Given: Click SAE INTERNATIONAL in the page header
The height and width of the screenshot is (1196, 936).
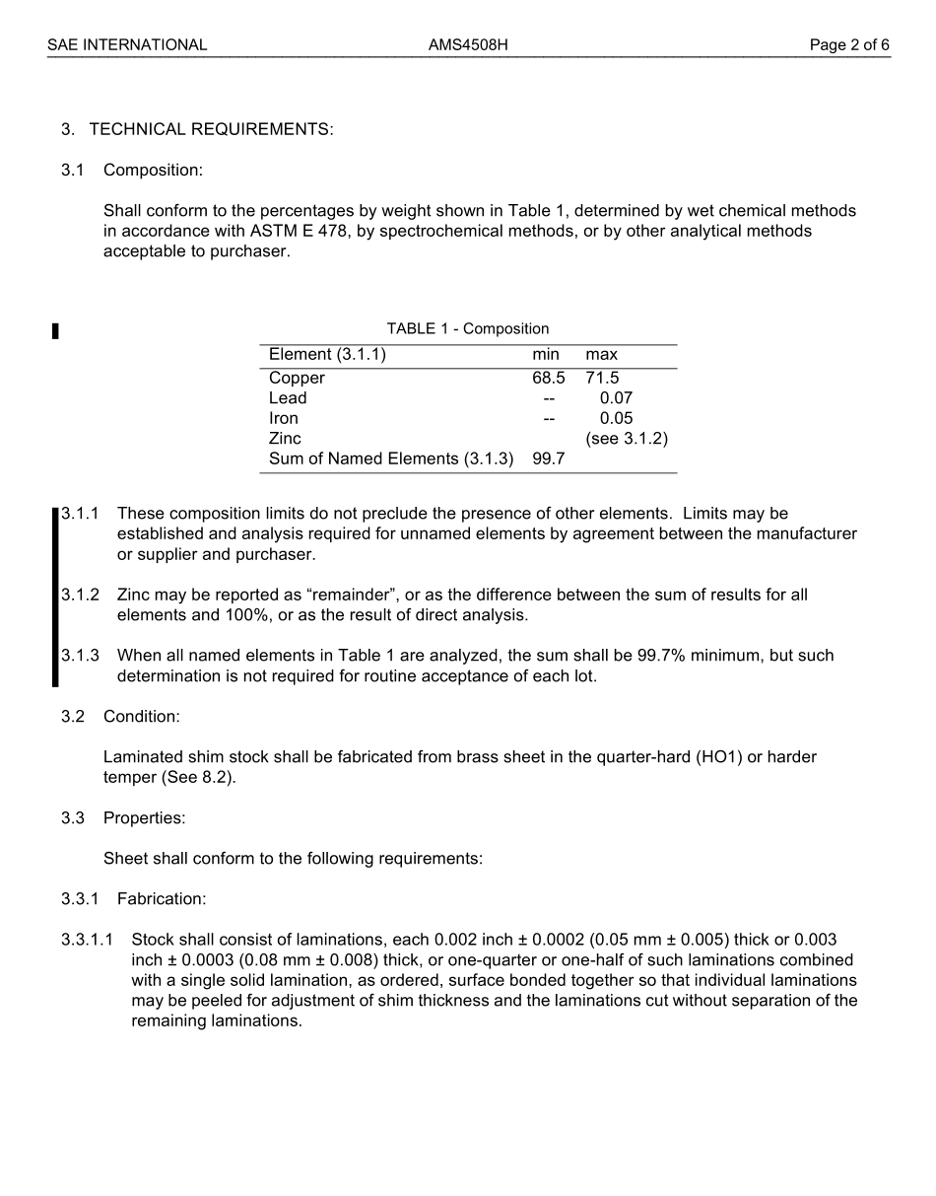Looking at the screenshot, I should pyautogui.click(x=127, y=44).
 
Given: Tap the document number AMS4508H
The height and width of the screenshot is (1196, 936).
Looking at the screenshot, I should pyautogui.click(x=468, y=44).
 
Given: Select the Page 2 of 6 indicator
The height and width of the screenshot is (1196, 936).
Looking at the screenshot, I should pyautogui.click(x=848, y=44).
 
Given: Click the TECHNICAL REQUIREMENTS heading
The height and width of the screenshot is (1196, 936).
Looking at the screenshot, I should pyautogui.click(x=211, y=129).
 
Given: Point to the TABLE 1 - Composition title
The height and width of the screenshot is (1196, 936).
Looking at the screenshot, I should pyautogui.click(x=467, y=329).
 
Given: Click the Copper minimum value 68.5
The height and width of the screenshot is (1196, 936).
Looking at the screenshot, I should pyautogui.click(x=548, y=378).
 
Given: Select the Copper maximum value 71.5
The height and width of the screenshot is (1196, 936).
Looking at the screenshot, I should pyautogui.click(x=602, y=378).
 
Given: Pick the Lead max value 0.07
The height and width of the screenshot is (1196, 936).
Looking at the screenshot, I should pyautogui.click(x=616, y=398).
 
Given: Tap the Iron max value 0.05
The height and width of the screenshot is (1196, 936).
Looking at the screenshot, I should pyautogui.click(x=616, y=418).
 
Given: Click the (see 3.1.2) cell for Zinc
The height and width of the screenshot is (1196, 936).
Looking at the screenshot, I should pyautogui.click(x=627, y=439).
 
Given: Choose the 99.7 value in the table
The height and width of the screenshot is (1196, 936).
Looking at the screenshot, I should pyautogui.click(x=548, y=458).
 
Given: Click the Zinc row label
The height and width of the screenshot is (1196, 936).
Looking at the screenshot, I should pyautogui.click(x=285, y=439).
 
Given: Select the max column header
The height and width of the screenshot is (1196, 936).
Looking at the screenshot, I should pyautogui.click(x=602, y=355).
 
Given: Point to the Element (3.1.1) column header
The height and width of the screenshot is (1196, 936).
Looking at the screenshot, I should pyautogui.click(x=327, y=355).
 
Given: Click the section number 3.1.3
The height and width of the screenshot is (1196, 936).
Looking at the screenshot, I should pyautogui.click(x=80, y=656).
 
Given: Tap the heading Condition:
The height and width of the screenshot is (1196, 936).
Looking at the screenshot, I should pyautogui.click(x=141, y=717).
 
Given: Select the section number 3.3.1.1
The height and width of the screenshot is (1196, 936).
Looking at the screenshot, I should pyautogui.click(x=87, y=940).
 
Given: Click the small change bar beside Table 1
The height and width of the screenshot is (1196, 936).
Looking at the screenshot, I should pyautogui.click(x=55, y=331).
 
